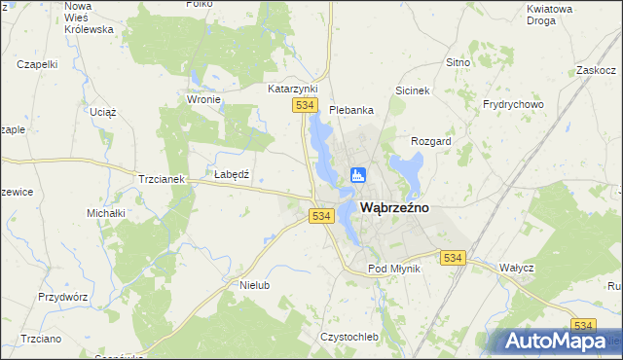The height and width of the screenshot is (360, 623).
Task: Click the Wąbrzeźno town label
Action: click(395, 208)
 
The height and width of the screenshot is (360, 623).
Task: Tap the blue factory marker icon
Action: click(357, 175)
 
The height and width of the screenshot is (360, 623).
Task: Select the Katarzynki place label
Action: click(293, 89)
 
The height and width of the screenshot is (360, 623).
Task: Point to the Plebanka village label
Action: click(351, 110)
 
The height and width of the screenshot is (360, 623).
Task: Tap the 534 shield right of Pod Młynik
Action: click(453, 258)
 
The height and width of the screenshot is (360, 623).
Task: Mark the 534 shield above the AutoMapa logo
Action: click(583, 326)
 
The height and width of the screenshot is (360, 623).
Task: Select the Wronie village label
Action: click(204, 99)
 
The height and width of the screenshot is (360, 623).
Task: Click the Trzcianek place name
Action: click(162, 179)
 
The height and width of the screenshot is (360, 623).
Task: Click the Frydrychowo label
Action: click(513, 104)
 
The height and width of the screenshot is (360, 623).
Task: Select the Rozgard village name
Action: click(431, 141)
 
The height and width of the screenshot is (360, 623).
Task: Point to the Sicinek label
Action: click(413, 90)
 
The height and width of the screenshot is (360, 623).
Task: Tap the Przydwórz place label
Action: click(63, 296)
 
